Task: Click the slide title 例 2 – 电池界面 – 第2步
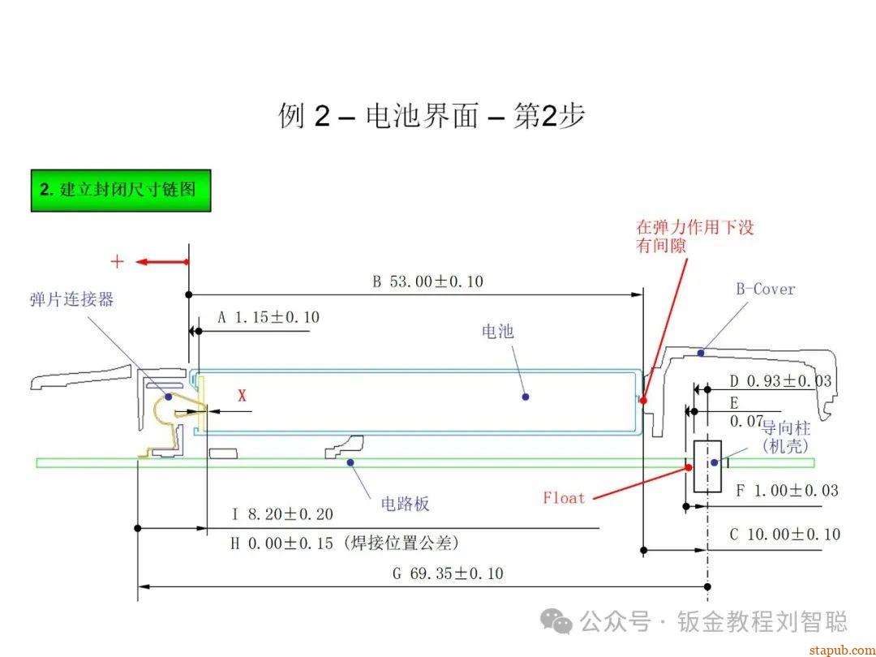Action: [432, 116]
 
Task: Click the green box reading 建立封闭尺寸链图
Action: [121, 191]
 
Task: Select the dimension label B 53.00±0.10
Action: [427, 281]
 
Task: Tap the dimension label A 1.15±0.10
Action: [268, 317]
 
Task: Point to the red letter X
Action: [242, 396]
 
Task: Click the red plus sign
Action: [118, 261]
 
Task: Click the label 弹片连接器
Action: [72, 299]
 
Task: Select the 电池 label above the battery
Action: [497, 331]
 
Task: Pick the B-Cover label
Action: [766, 289]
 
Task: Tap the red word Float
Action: [564, 497]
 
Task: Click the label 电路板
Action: [405, 504]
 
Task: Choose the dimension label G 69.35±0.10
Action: [448, 573]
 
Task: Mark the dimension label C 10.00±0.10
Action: [784, 535]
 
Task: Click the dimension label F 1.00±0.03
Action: [786, 490]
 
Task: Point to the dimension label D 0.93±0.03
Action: [780, 380]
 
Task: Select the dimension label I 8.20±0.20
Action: [281, 513]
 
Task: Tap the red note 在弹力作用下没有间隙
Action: [695, 235]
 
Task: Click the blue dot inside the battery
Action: [526, 397]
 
